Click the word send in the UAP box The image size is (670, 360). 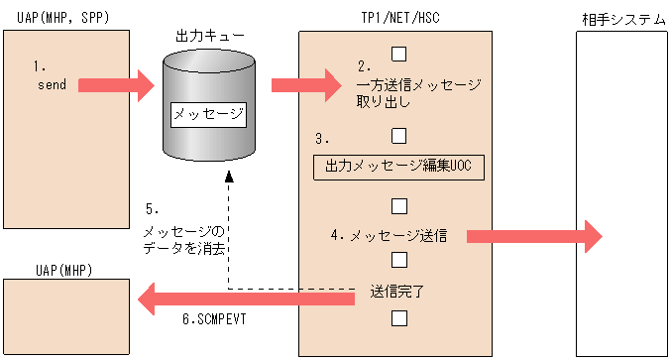pyautogui.click(x=52, y=85)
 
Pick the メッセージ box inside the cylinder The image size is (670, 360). pyautogui.click(x=208, y=114)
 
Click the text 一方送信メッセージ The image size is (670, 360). pyautogui.click(x=418, y=85)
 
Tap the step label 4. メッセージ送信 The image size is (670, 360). pyautogui.click(x=390, y=236)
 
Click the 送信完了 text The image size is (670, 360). pyautogui.click(x=399, y=294)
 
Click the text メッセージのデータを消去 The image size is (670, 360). pyautogui.click(x=184, y=240)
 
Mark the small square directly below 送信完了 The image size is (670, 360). pyautogui.click(x=399, y=318)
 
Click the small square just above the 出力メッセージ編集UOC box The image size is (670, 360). pyautogui.click(x=399, y=135)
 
